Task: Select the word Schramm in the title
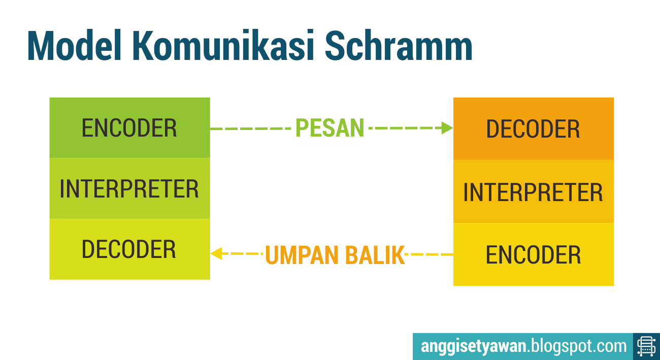(399, 47)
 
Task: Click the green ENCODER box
(129, 128)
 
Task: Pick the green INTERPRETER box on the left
(129, 189)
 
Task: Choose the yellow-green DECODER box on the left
(129, 249)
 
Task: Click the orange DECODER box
(533, 129)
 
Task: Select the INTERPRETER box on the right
(533, 192)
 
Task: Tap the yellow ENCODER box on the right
(533, 255)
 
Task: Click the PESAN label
(330, 128)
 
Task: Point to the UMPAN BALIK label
(335, 255)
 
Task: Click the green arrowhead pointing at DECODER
(447, 128)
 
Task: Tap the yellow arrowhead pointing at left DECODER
(217, 253)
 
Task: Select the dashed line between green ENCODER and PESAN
(251, 128)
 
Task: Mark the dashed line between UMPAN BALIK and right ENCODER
(429, 253)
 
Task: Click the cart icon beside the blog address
(646, 347)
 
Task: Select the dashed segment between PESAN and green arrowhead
(406, 128)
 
